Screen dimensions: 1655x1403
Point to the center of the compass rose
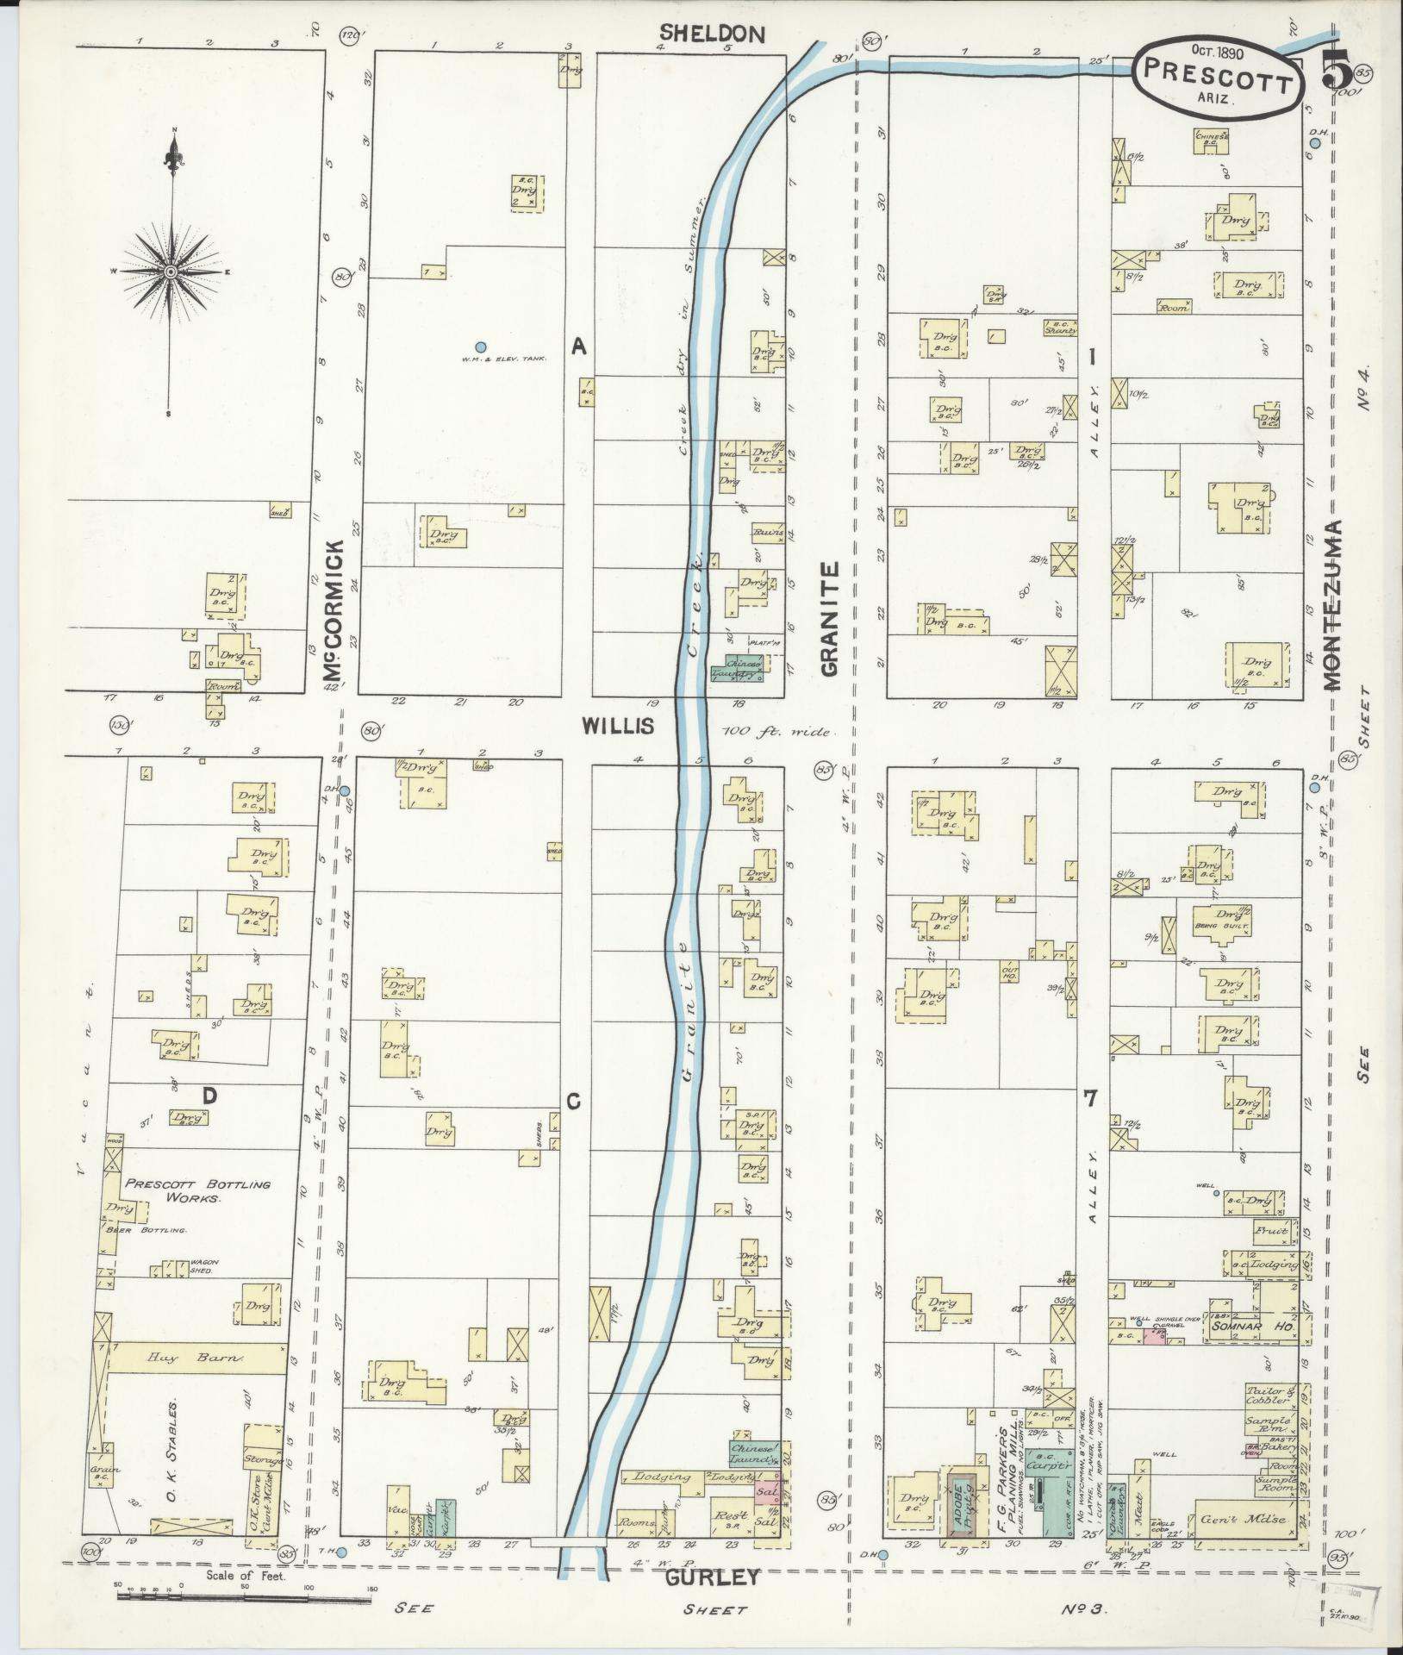[x=171, y=272]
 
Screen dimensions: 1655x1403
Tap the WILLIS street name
[x=617, y=726]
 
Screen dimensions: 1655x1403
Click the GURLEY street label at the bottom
[x=713, y=1577]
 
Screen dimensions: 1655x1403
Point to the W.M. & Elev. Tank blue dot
[x=481, y=347]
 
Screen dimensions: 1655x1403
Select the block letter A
[x=579, y=347]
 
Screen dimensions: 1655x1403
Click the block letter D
[x=209, y=1096]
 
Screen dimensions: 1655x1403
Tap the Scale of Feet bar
[x=244, y=1596]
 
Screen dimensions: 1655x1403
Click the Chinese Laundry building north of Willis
[x=737, y=671]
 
